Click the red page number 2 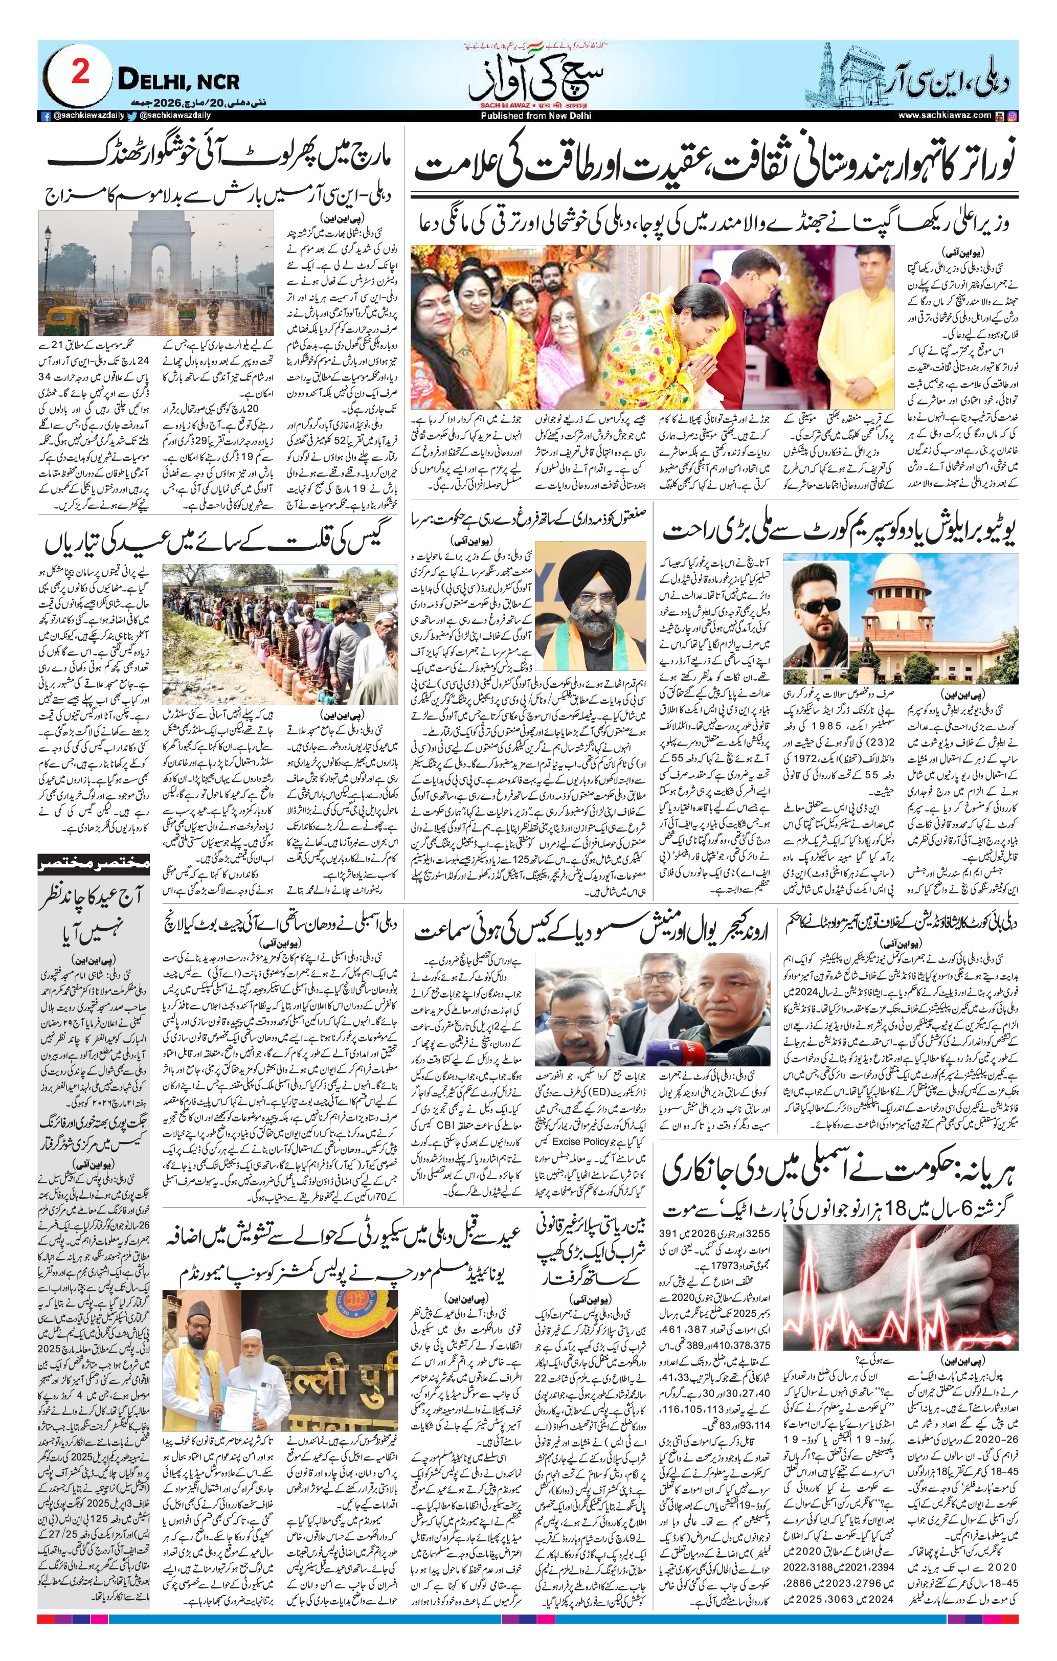80,73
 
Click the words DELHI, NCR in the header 178,81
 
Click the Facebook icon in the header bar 45,117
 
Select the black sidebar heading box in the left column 93,862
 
